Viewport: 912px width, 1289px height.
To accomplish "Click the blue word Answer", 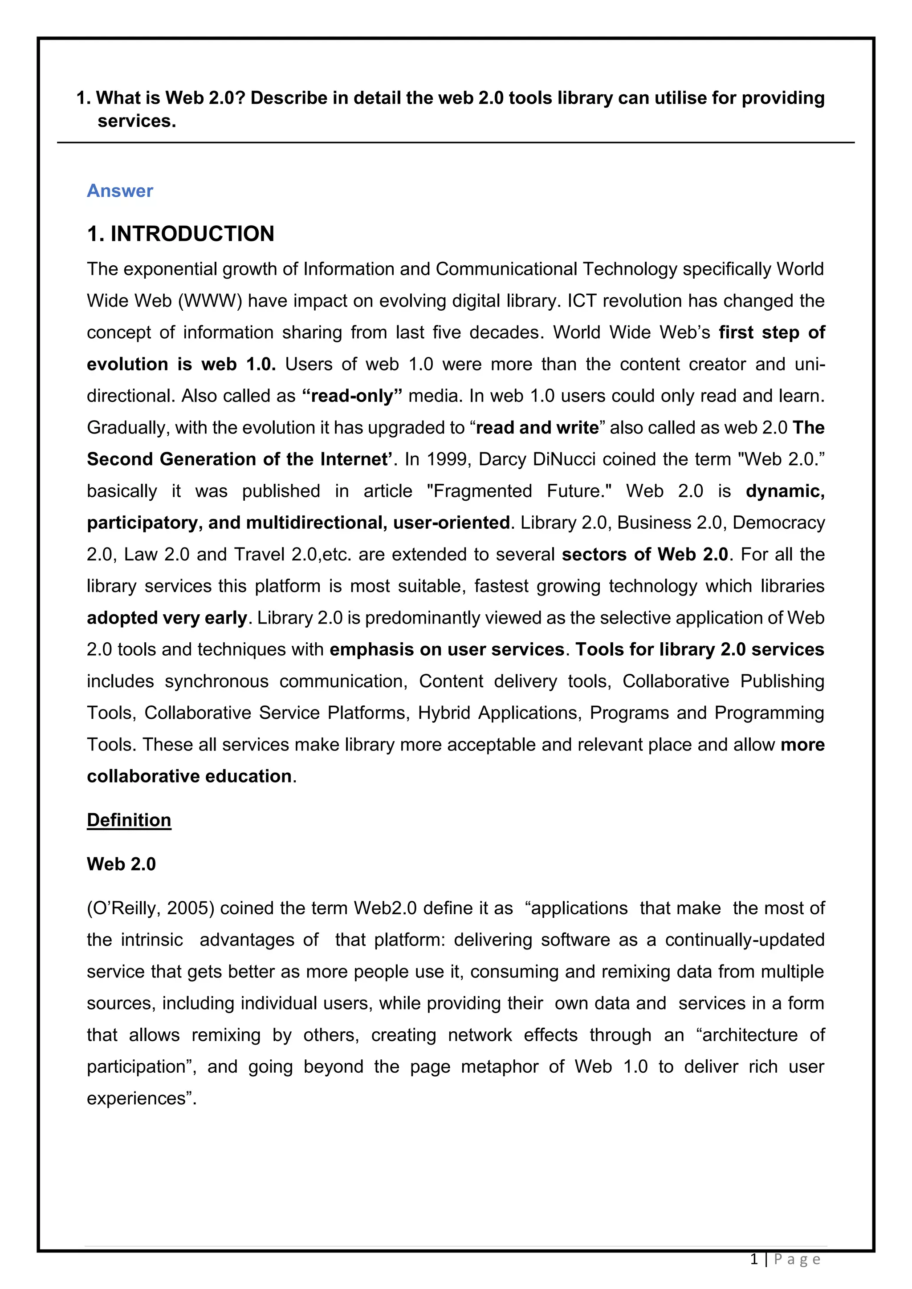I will click(120, 191).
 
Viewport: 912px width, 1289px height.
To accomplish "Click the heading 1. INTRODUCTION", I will click(180, 234).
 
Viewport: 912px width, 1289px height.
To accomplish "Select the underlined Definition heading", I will click(129, 820).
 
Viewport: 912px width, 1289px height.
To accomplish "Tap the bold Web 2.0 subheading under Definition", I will click(121, 863).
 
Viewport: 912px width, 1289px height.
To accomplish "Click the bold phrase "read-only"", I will click(352, 396).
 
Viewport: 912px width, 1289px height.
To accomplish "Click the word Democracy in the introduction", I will click(778, 523).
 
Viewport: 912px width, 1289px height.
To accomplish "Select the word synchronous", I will click(216, 681).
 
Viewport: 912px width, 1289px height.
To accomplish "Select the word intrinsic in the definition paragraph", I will click(151, 940).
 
